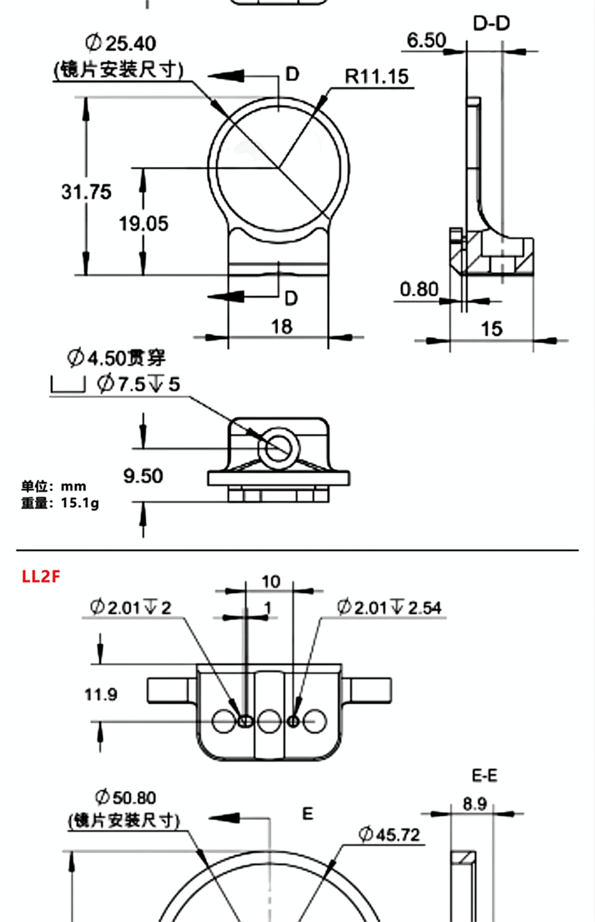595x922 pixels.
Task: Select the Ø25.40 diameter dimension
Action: coord(121,43)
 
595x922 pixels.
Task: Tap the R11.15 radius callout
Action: coord(376,77)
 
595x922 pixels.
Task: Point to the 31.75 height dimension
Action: coord(86,192)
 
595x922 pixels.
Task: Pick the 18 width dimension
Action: coord(282,327)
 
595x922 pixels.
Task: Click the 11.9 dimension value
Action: coord(101,695)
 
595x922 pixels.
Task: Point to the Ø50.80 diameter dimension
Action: coord(125,798)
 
